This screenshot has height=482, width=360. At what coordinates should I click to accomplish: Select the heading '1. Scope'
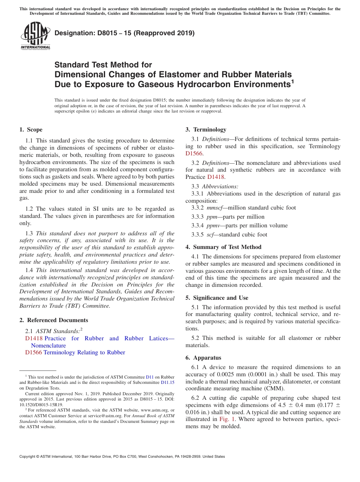click(31, 130)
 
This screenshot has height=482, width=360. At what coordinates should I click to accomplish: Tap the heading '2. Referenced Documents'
click(54, 320)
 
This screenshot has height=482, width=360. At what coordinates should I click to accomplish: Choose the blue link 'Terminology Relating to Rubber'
click(84, 352)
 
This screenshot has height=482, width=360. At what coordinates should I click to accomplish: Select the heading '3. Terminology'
click(206, 130)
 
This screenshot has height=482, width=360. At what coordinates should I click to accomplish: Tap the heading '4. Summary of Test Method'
click(223, 247)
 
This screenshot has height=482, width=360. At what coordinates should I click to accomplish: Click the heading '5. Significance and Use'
click(217, 298)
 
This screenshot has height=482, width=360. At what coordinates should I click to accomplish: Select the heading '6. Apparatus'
click(203, 358)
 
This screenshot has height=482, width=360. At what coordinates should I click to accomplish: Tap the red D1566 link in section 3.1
click(194, 153)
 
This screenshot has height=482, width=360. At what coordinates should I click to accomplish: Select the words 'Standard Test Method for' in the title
click(103, 65)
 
